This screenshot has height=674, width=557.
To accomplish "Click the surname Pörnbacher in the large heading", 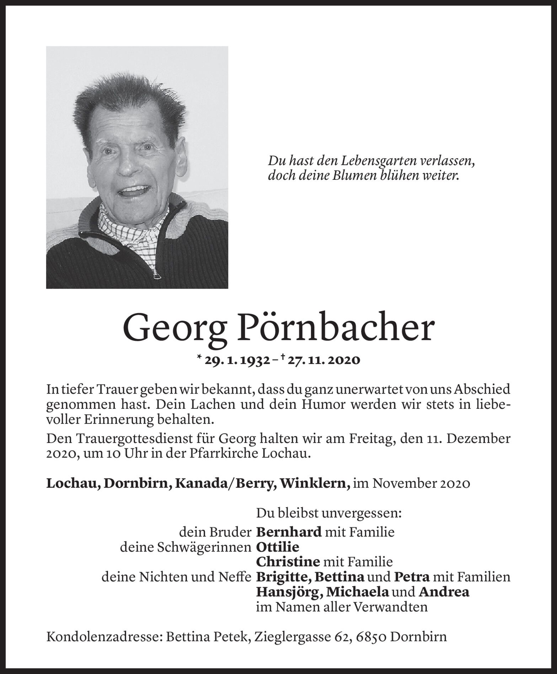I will pos(337,328).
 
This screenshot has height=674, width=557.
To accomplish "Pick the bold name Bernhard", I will pos(289,533).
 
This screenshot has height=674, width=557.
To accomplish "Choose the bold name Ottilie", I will pos(278,547).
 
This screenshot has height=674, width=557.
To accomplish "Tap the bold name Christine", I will pos(287,562).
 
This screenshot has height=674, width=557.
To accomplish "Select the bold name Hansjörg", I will pos(289,592).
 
